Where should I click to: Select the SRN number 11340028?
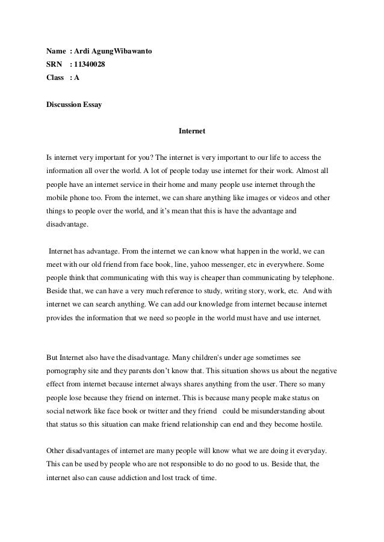click(x=88, y=65)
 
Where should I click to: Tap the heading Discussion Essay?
click(x=74, y=104)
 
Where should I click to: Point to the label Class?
click(x=55, y=78)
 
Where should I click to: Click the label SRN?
click(x=55, y=65)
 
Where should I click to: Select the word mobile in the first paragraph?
click(x=58, y=196)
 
